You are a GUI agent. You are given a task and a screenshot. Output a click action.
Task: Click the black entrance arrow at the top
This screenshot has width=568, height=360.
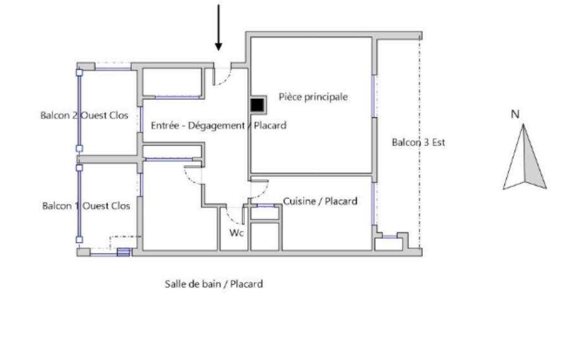click(218, 28)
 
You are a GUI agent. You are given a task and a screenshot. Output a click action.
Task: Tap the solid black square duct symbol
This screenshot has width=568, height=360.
click(257, 105)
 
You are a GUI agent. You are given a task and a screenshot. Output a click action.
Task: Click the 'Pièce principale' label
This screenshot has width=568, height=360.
click(313, 97)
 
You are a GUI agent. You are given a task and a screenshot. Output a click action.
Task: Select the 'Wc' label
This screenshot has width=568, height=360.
click(237, 233)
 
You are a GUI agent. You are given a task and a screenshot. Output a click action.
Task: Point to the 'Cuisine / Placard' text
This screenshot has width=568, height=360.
click(320, 201)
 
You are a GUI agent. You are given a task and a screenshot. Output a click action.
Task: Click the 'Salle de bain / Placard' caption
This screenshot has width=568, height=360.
click(214, 284)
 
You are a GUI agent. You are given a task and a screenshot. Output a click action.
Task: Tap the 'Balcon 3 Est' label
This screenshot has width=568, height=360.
click(418, 142)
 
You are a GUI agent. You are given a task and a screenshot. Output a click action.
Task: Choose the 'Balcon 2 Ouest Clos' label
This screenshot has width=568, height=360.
click(84, 115)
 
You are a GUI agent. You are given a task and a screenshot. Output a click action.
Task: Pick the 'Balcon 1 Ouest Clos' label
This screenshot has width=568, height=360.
click(86, 205)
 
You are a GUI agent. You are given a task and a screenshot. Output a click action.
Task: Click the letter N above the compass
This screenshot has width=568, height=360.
click(515, 114)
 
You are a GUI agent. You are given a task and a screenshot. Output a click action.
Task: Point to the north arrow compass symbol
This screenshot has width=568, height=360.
click(525, 157)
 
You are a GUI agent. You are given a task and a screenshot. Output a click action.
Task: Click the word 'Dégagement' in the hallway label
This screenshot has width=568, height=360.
click(217, 125)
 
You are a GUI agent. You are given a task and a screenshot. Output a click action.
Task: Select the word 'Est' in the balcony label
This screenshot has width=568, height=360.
click(438, 142)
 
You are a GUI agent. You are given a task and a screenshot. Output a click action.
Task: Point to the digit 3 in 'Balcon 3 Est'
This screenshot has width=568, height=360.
click(426, 142)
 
